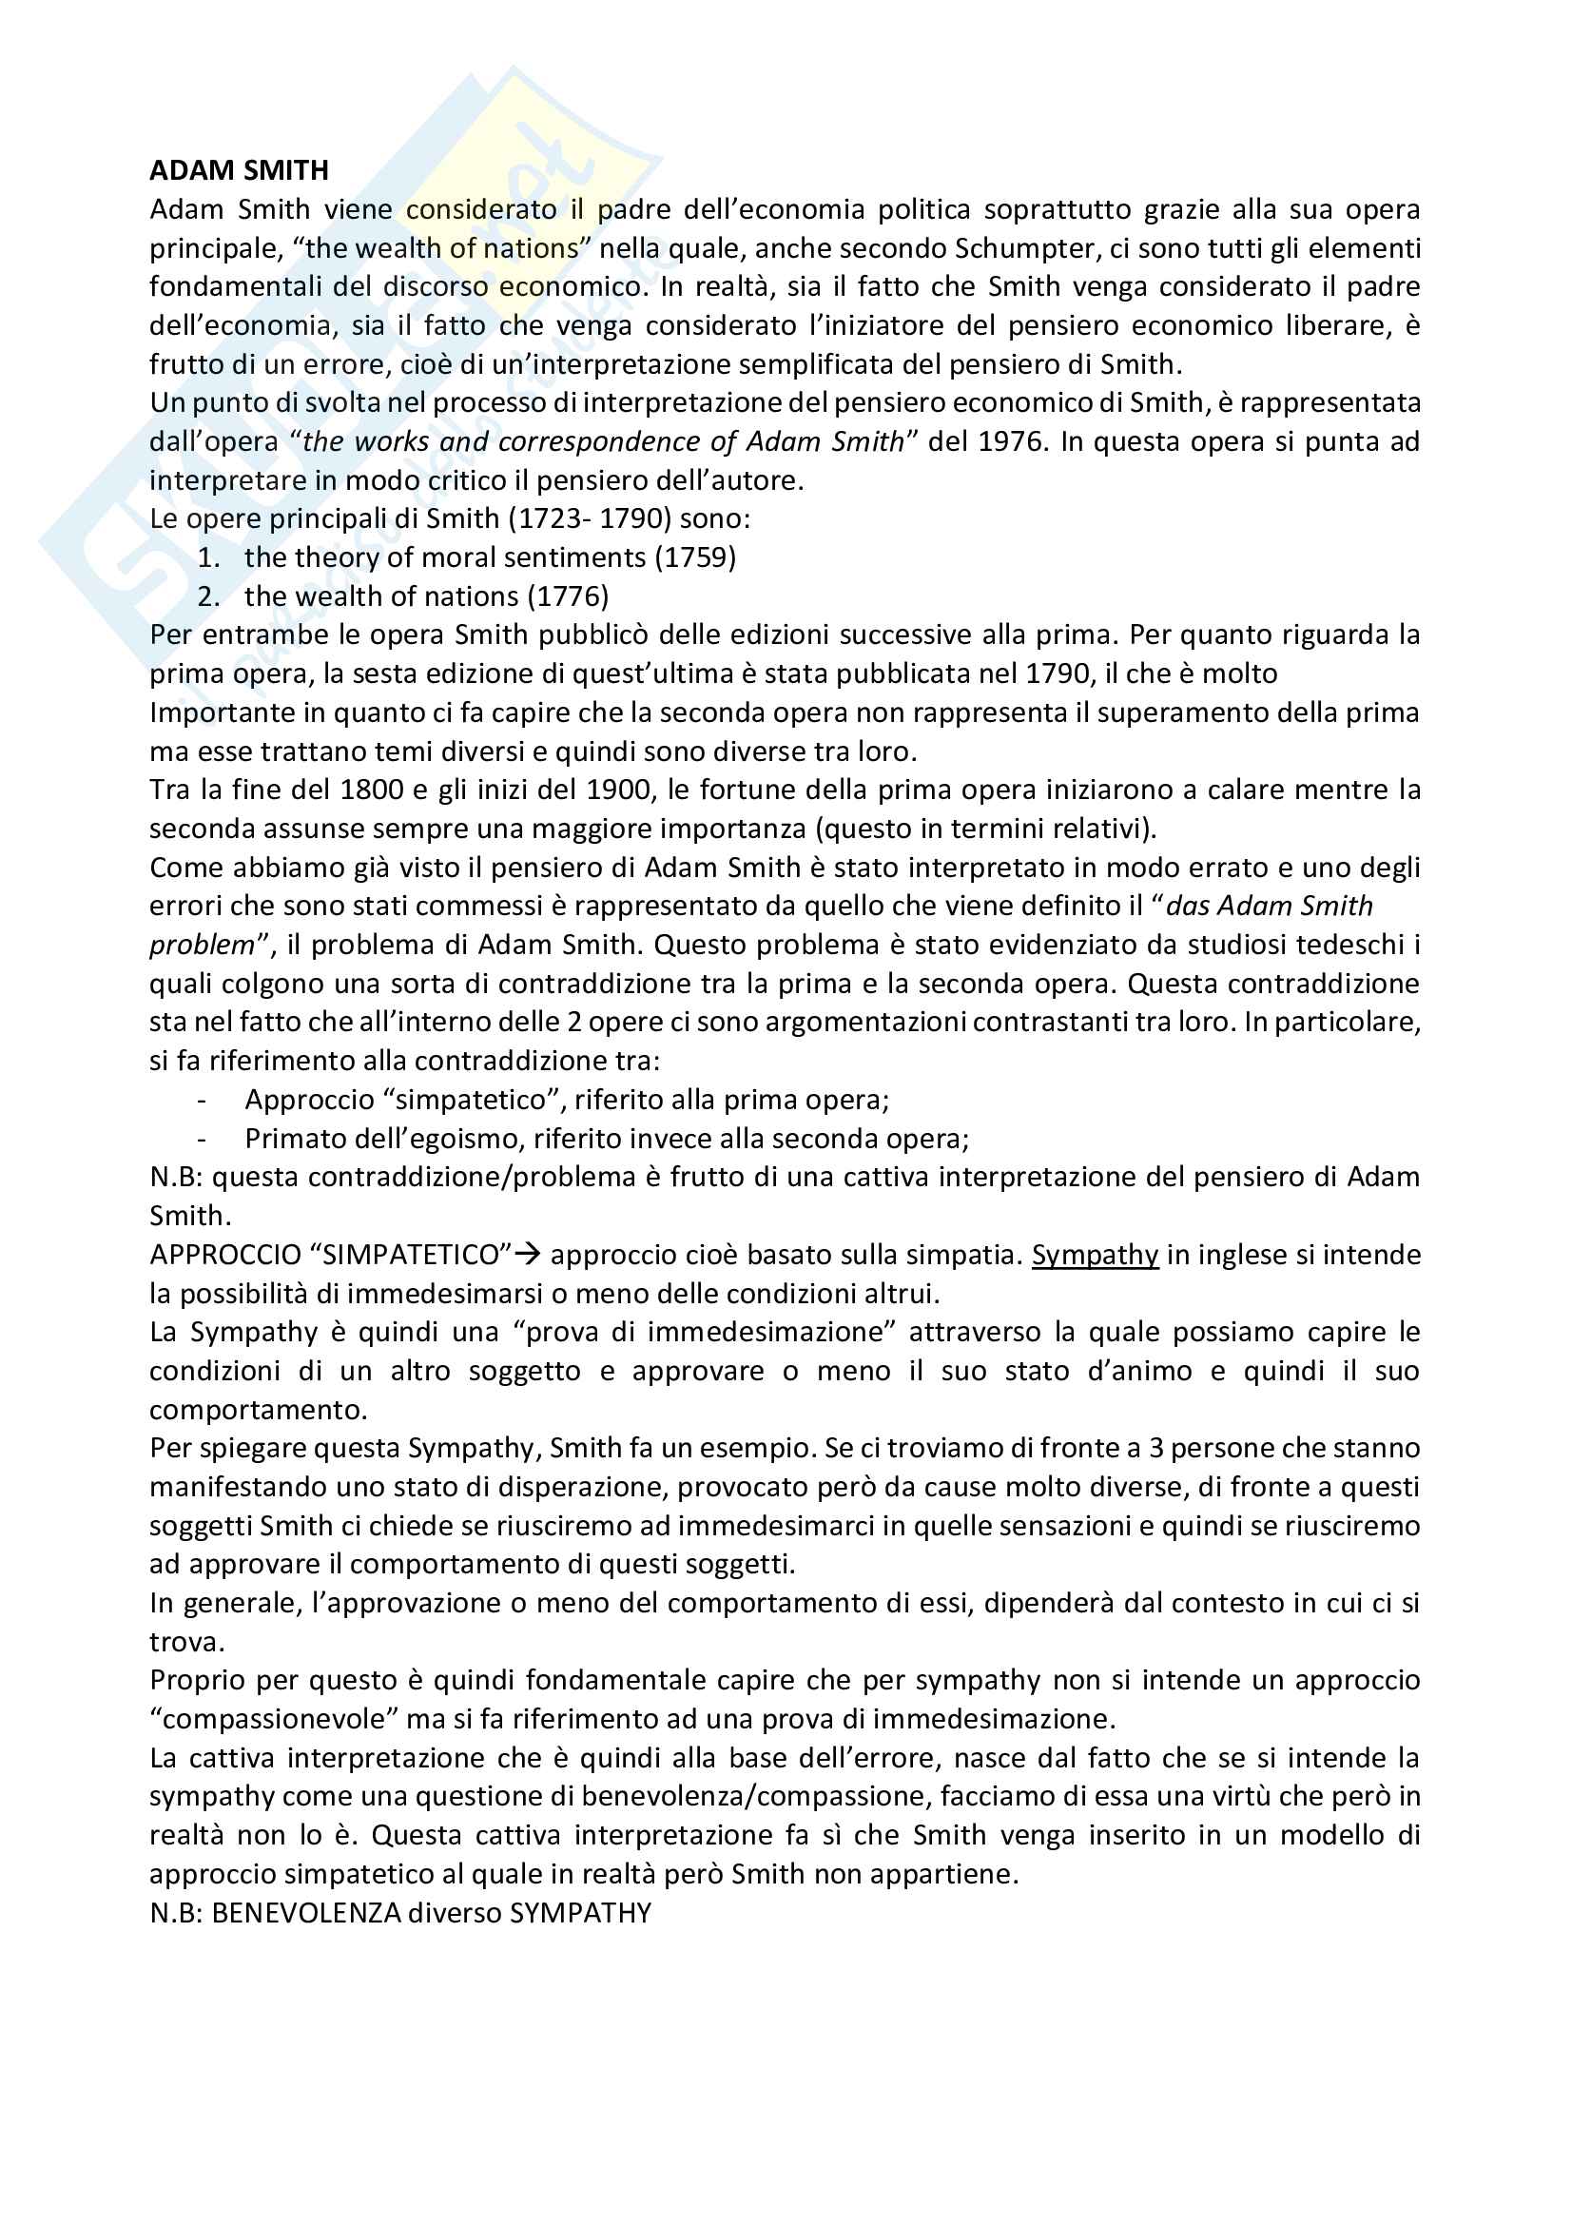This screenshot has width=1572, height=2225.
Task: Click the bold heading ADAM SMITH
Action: point(240,170)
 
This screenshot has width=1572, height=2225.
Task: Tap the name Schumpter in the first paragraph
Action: point(1026,248)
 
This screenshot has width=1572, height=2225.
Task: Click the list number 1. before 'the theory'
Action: point(208,558)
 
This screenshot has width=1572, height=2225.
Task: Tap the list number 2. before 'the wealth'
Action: point(208,597)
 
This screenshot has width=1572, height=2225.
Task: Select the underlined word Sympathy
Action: point(1095,1255)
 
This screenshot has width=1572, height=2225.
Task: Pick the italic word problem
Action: point(202,945)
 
